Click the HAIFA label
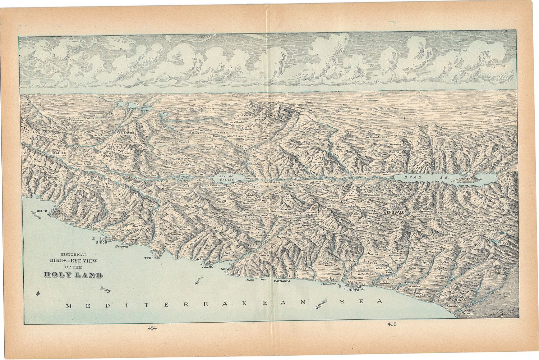click(x=224, y=268)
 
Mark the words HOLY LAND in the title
click(x=73, y=275)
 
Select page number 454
click(x=152, y=328)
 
